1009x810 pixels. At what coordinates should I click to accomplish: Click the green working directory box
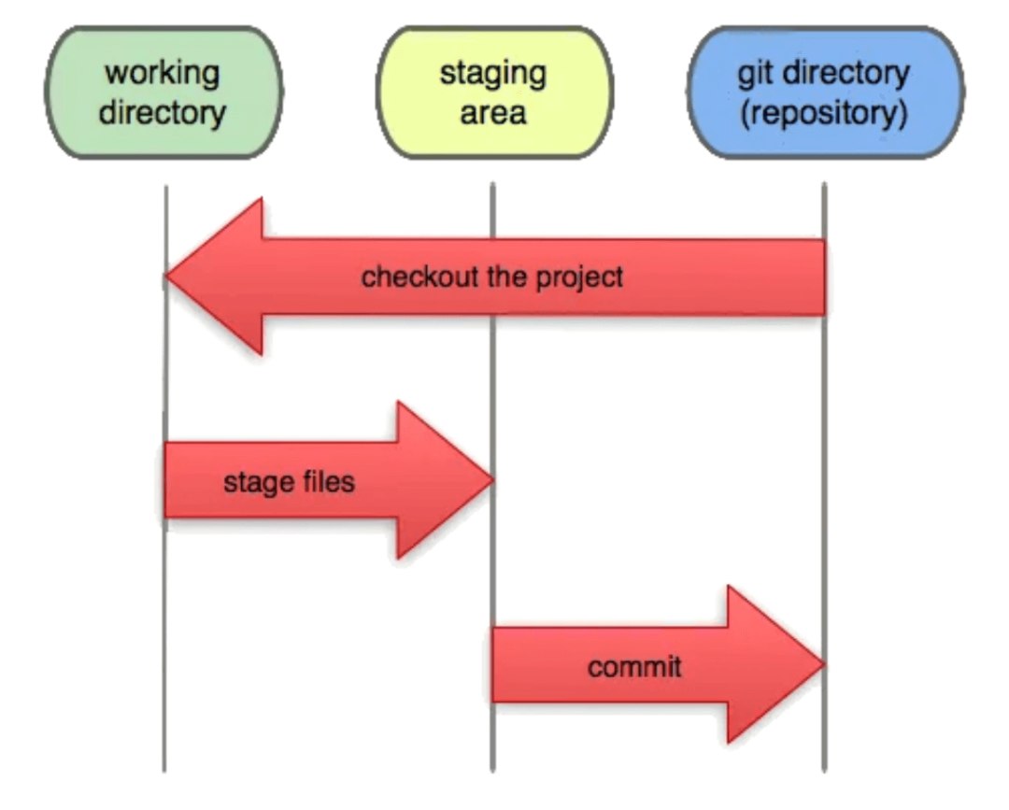[x=163, y=92]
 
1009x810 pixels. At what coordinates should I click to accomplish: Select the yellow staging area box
[x=492, y=92]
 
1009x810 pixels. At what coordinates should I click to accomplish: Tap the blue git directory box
[x=824, y=92]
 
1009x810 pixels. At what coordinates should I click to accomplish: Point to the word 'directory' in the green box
[x=163, y=113]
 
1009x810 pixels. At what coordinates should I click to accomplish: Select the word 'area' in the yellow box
[x=492, y=113]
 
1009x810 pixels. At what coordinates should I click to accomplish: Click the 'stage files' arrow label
[x=289, y=482]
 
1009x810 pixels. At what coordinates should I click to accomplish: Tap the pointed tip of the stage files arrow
[x=490, y=480]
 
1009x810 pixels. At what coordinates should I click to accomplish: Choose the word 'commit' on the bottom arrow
[x=634, y=667]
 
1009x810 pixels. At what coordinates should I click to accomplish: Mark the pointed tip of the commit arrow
[x=822, y=664]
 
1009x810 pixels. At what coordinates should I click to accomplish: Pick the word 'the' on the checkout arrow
[x=504, y=277]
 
